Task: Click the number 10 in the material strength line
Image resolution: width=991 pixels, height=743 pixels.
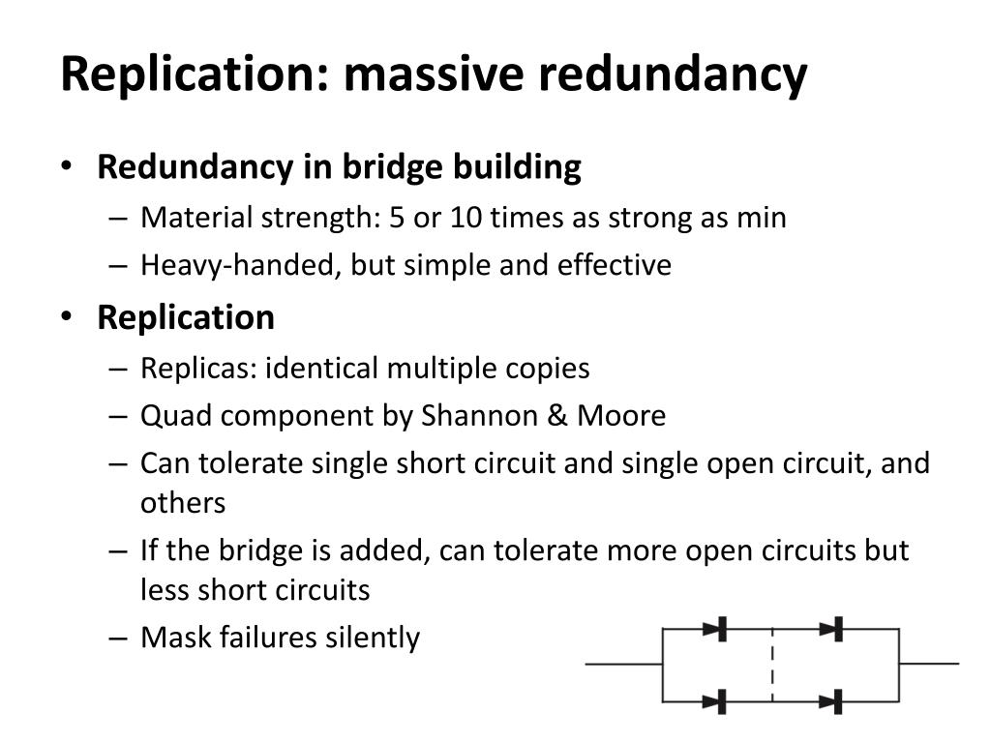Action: (x=465, y=218)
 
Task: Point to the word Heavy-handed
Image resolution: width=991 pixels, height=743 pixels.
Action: (x=236, y=265)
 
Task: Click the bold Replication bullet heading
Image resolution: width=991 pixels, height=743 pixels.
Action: (x=186, y=317)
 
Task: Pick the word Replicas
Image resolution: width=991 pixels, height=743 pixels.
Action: (x=198, y=369)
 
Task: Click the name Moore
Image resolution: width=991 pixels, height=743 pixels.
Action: (x=622, y=416)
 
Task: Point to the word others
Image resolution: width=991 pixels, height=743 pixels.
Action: (x=183, y=503)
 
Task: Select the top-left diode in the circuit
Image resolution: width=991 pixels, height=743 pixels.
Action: (x=716, y=629)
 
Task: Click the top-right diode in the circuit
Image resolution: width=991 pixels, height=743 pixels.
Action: (x=832, y=629)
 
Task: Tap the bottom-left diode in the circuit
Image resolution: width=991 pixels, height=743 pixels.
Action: (x=716, y=700)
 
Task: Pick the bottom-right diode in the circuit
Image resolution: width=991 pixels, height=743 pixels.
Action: (x=832, y=700)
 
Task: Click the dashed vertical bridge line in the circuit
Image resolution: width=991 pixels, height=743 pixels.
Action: (x=772, y=665)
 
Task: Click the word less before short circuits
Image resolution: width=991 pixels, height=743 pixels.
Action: (x=166, y=589)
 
